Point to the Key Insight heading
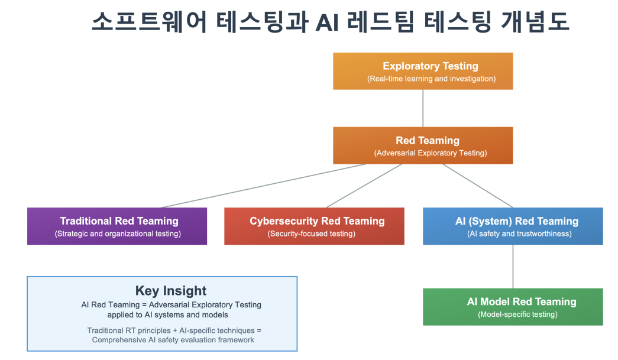click(171, 291)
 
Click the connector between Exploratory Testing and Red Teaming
click(422, 108)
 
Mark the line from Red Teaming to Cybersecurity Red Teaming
click(364, 186)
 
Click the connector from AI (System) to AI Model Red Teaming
click(513, 266)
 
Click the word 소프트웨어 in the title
click(150, 22)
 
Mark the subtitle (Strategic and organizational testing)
click(118, 233)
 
